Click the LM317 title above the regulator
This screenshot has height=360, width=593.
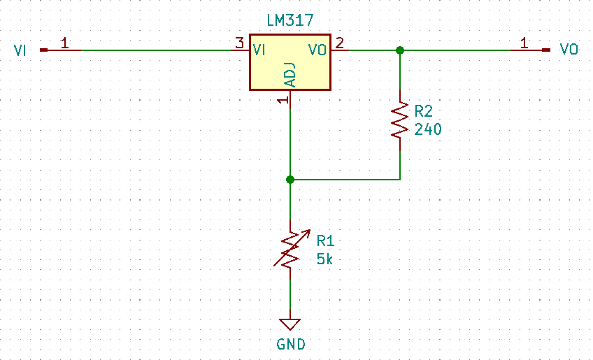point(290,22)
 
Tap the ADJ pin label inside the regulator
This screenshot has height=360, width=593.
point(290,75)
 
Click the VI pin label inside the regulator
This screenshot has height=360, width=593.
point(259,50)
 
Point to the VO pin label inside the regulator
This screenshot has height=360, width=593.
point(317,50)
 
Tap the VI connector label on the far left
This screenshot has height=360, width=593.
point(21,50)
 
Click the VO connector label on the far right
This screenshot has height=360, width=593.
point(569,50)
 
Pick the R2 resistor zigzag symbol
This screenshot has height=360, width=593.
point(399,120)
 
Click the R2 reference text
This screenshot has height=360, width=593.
point(424,112)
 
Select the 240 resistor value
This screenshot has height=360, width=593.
point(427,129)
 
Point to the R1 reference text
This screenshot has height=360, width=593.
point(325,240)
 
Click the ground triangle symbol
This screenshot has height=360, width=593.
point(290,324)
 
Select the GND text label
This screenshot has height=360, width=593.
point(290,344)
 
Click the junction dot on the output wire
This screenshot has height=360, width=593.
point(399,50)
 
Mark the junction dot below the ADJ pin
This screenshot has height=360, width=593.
point(290,180)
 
